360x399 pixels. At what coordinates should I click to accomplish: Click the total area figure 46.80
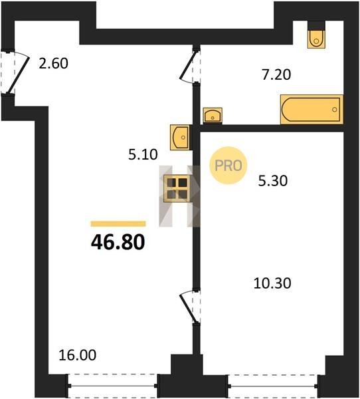coord(118,242)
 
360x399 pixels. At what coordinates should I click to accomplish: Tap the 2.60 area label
coord(53,63)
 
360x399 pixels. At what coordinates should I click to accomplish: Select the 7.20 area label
coord(276,74)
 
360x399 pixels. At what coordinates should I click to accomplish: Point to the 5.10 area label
coord(143,154)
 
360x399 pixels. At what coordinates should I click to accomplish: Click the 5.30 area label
coord(273,181)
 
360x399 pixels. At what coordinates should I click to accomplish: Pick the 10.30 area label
coord(272,283)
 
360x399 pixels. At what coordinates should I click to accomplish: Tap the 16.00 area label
coord(78,355)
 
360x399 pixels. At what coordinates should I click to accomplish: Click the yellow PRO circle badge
coord(228,166)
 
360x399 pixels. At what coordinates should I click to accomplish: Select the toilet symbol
coord(317,39)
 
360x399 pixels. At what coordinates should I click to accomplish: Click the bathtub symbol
coord(312,110)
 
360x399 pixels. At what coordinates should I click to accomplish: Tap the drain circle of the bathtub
coord(335,110)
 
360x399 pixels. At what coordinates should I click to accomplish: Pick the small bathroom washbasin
coord(213,116)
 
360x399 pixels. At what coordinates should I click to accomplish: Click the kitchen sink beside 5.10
coord(180,138)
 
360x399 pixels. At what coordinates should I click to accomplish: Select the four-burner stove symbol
coord(177,189)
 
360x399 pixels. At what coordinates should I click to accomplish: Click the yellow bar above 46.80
coord(118,223)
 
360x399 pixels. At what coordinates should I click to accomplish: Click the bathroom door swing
coord(189,65)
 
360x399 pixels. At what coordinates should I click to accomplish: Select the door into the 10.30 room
coord(189,307)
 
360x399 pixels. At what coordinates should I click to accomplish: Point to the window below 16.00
coord(113,386)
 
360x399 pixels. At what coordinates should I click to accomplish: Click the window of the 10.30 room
coord(273,386)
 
